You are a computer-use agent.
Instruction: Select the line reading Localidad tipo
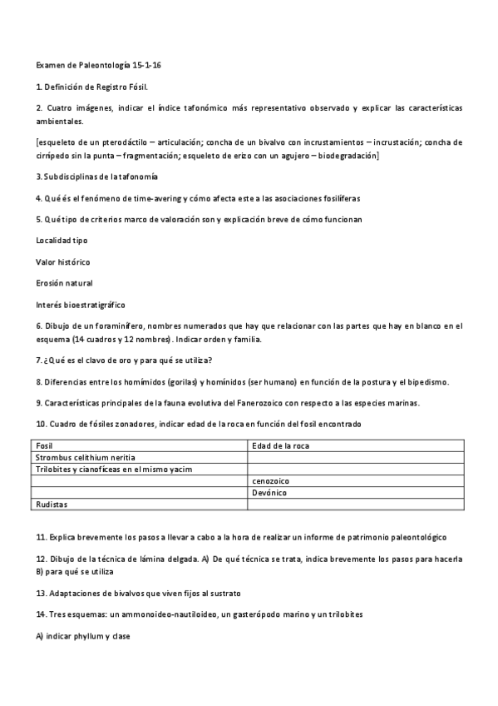pyautogui.click(x=62, y=240)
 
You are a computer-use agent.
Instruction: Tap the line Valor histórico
pyautogui.click(x=63, y=261)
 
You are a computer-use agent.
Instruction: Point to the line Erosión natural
pyautogui.click(x=64, y=283)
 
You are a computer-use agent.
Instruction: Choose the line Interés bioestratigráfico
pyautogui.click(x=80, y=304)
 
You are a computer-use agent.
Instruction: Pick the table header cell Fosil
pyautogui.click(x=45, y=446)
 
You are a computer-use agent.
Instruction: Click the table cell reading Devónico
pyautogui.click(x=269, y=493)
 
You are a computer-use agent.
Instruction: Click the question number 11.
pyautogui.click(x=40, y=537)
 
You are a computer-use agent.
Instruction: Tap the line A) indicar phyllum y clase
pyautogui.click(x=83, y=635)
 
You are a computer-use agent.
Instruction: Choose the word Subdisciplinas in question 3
pyautogui.click(x=72, y=176)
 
